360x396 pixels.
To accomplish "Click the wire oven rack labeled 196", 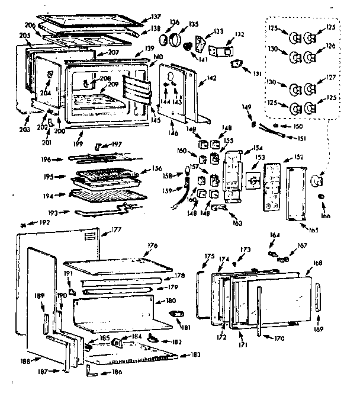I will [x=104, y=159].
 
